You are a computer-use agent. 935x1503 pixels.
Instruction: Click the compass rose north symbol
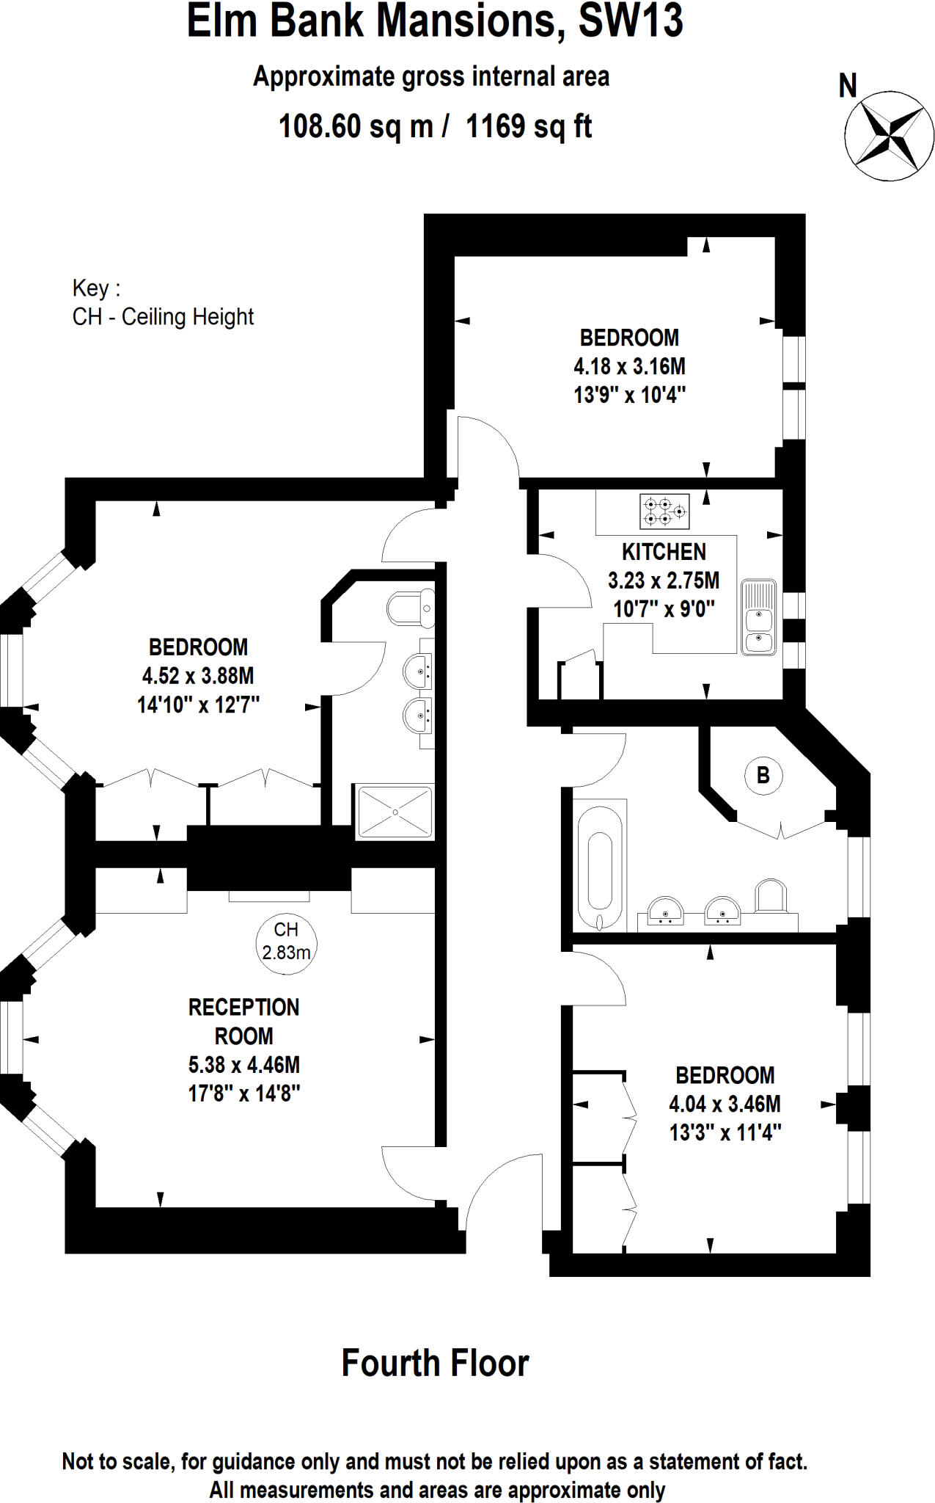point(889,135)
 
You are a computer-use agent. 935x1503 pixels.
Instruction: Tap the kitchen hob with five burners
point(664,512)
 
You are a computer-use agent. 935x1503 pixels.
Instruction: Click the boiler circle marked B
point(763,775)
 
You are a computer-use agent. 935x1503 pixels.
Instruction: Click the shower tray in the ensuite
point(395,812)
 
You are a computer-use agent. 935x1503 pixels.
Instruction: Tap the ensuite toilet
point(409,608)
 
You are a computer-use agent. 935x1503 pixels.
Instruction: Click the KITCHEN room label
point(664,551)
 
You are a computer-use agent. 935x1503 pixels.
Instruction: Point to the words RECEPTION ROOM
point(243,1021)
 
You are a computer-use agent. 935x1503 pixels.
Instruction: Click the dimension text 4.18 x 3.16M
point(629,365)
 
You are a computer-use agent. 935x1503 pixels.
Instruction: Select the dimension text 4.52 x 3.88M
point(198,675)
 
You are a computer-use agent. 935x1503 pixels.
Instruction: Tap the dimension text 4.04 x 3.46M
point(725,1103)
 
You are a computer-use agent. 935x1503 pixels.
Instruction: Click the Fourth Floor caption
point(435,1363)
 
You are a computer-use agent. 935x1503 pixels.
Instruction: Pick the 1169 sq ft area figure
point(529,126)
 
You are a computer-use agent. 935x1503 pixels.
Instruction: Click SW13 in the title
point(630,22)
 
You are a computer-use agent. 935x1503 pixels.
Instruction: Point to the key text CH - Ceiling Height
point(163,316)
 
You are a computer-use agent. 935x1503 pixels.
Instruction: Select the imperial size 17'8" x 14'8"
point(244,1093)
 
